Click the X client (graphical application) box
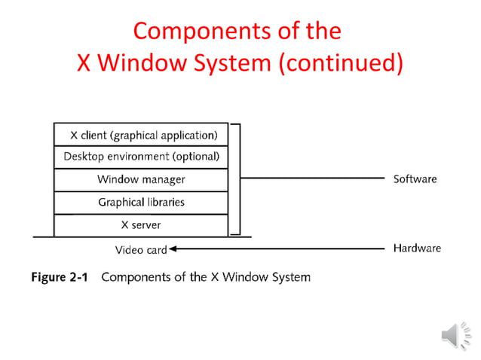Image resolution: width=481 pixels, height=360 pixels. (x=141, y=135)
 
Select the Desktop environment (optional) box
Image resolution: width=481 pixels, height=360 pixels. (x=141, y=157)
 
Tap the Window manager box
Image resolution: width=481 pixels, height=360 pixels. (x=141, y=179)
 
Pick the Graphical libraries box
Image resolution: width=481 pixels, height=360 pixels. (x=141, y=202)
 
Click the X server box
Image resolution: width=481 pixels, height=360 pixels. (x=141, y=224)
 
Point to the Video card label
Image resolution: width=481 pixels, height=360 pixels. (x=140, y=249)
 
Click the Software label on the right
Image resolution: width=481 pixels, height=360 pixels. (x=415, y=179)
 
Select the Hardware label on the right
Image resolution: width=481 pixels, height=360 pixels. (x=417, y=248)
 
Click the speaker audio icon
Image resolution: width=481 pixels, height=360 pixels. (x=452, y=334)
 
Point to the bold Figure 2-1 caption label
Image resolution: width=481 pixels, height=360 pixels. (x=59, y=277)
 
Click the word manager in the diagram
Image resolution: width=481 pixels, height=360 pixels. (x=161, y=179)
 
